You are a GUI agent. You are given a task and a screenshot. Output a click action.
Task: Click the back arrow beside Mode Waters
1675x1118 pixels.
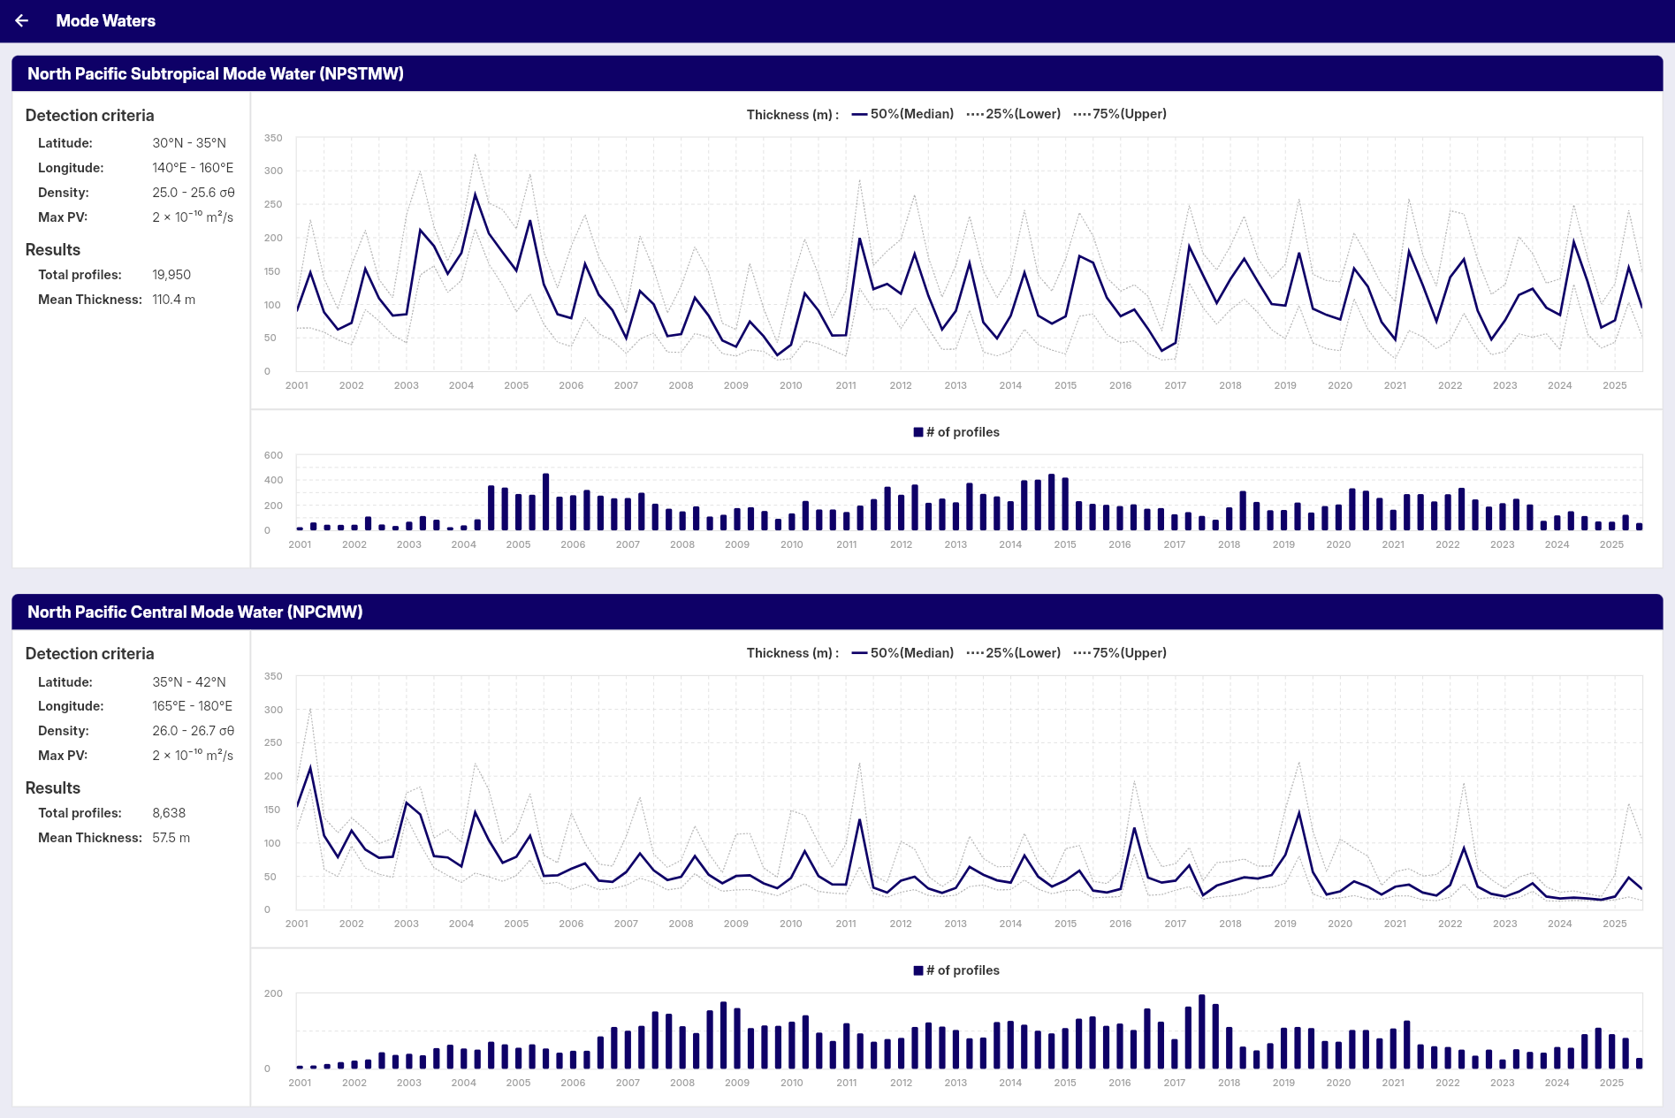tap(22, 20)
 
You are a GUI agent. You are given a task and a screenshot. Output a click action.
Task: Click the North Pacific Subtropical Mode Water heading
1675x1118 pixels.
tap(215, 74)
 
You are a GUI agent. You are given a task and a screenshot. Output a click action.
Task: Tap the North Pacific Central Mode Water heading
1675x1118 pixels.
tap(194, 612)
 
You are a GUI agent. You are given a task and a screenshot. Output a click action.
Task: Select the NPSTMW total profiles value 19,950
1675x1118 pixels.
tap(171, 275)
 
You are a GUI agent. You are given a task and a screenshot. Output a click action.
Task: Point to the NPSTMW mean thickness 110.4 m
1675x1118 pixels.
tap(173, 300)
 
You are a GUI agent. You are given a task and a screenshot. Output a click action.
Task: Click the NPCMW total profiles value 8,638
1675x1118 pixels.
tap(169, 813)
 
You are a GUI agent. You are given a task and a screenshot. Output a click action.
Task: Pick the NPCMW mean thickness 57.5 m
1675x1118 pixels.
tap(171, 838)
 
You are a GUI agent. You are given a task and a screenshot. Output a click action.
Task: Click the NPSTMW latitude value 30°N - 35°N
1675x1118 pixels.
tap(189, 143)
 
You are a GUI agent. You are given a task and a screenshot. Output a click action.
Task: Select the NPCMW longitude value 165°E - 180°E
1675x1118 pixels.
tap(192, 706)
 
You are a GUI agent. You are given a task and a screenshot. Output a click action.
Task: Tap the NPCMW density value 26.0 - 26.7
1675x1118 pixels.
tap(193, 731)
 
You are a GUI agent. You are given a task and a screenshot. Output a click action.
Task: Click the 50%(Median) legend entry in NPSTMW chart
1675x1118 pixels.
tap(903, 114)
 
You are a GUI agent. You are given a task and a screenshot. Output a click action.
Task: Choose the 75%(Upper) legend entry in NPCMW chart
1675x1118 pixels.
tap(1121, 653)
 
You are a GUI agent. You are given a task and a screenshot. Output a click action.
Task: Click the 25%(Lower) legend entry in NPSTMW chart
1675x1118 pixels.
tap(1015, 114)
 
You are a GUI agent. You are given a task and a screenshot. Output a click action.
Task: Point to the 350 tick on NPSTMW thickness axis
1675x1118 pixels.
tap(273, 138)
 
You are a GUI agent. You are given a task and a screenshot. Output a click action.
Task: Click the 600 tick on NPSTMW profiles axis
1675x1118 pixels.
tap(273, 455)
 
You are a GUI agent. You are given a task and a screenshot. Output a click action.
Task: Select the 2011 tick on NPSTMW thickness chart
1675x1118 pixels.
tap(846, 385)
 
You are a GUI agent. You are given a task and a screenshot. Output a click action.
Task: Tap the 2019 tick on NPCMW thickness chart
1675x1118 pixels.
tap(1285, 924)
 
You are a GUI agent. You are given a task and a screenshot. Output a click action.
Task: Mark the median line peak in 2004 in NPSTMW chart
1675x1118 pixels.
tap(476, 194)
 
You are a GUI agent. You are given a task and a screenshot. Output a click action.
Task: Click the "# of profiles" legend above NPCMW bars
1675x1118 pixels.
tap(956, 970)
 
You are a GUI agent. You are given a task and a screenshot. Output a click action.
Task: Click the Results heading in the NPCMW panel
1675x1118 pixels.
tap(53, 788)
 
